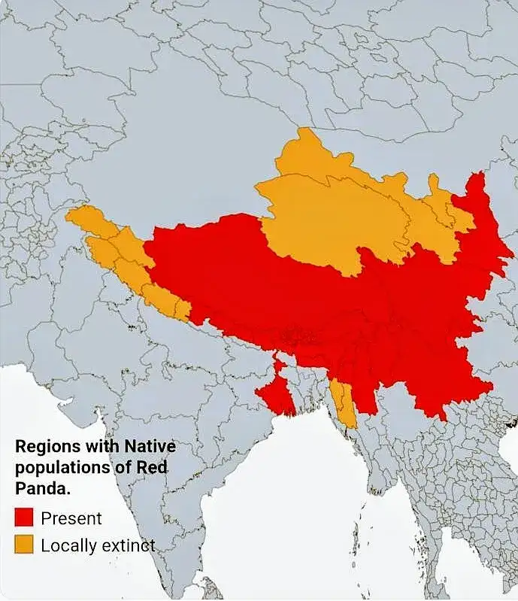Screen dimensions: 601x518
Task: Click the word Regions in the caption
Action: pyautogui.click(x=44, y=446)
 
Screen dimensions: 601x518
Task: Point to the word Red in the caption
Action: pyautogui.click(x=151, y=466)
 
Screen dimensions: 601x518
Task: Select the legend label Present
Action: pyautogui.click(x=71, y=518)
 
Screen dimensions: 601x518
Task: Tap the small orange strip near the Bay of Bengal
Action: pyautogui.click(x=344, y=402)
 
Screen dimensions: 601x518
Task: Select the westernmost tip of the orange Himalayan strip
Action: pyautogui.click(x=68, y=217)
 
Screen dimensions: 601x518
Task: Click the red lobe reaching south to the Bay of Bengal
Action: pyautogui.click(x=274, y=395)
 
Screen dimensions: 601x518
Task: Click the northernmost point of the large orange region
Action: pyautogui.click(x=304, y=129)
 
